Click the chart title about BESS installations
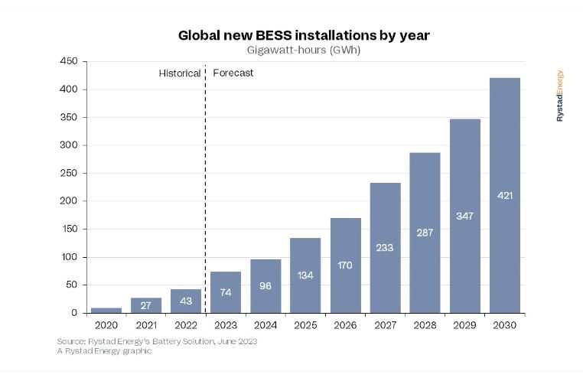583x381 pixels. coord(304,35)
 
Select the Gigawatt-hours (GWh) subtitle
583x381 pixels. coord(304,50)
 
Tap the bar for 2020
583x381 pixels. coord(106,310)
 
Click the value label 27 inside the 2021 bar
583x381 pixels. coord(145,305)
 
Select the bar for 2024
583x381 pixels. coord(265,286)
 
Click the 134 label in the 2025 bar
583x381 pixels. coord(305,275)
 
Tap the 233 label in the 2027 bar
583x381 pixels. coord(385,247)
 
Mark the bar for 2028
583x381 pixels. coord(425,233)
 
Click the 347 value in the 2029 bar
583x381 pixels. coord(464,216)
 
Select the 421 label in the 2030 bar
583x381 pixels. coord(505,195)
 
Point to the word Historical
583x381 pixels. coord(180,73)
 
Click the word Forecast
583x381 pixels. coord(233,73)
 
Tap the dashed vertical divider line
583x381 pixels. coord(206,191)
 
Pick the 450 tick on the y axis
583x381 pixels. coord(69,62)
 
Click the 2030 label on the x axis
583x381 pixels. coord(505,325)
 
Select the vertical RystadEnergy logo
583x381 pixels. coord(560,96)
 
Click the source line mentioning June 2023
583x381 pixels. coord(157,341)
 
